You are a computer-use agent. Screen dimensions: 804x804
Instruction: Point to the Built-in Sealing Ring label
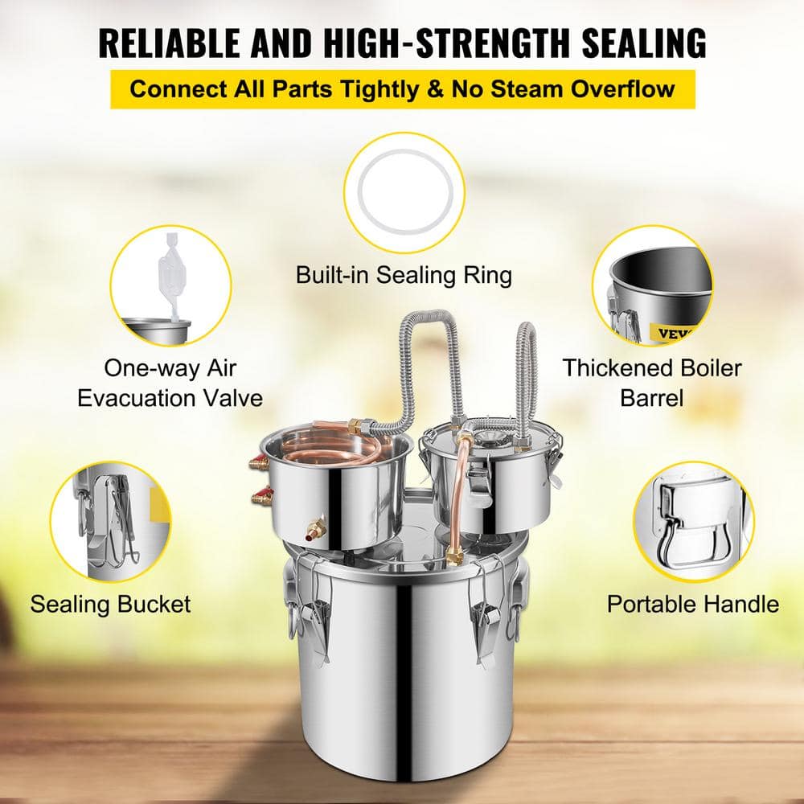403,275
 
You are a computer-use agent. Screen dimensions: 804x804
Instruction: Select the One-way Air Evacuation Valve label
170,383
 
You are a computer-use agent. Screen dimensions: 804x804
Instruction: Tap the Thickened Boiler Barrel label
652,383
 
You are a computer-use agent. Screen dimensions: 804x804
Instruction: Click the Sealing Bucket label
111,603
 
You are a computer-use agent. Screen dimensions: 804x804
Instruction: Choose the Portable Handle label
693,603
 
